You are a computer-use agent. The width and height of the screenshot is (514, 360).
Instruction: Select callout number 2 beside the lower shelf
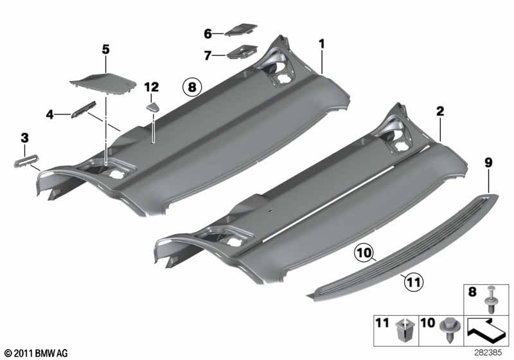pos(440,111)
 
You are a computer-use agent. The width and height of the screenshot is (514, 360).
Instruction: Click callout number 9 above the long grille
pos(488,163)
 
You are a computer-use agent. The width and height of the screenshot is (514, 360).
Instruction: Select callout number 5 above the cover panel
pos(105,48)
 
